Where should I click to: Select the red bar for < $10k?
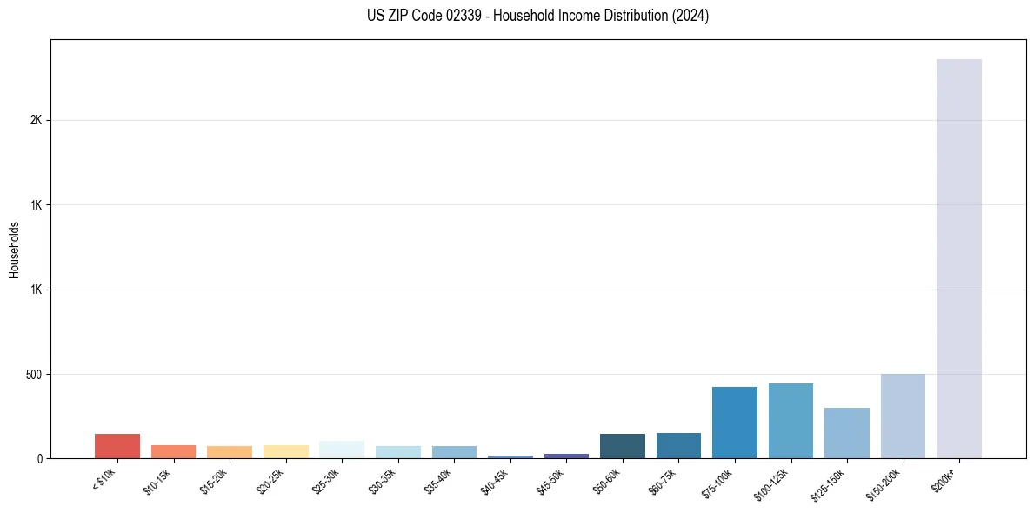click(117, 446)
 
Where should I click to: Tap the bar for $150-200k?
click(903, 416)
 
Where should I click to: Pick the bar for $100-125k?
click(791, 421)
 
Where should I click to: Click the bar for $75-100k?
click(735, 423)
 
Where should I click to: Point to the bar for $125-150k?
click(847, 433)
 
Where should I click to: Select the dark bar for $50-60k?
click(623, 446)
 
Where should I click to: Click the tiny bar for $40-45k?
click(510, 456)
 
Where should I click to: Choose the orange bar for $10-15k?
click(173, 452)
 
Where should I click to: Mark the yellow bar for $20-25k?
click(285, 452)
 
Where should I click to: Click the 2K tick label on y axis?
click(36, 120)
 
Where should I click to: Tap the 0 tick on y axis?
click(39, 459)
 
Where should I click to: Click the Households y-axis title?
click(14, 249)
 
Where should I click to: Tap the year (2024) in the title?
click(688, 16)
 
